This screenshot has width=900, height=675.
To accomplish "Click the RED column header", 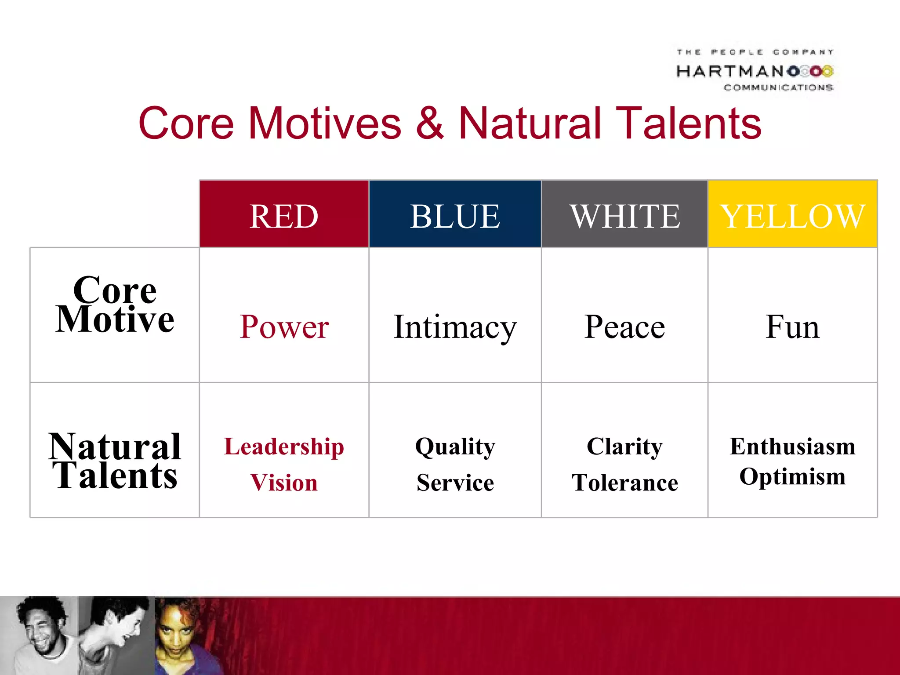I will pyautogui.click(x=284, y=216).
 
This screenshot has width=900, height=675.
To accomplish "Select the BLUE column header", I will pyautogui.click(x=455, y=216).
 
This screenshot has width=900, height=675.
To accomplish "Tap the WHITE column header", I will pyautogui.click(x=625, y=216).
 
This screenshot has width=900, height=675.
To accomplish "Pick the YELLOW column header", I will pyautogui.click(x=792, y=216).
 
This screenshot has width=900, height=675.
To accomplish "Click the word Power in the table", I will pyautogui.click(x=284, y=327).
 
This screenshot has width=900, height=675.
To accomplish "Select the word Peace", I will pyautogui.click(x=624, y=327).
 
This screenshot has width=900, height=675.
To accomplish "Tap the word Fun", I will pyautogui.click(x=792, y=327).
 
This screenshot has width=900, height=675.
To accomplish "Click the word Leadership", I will pyautogui.click(x=284, y=447).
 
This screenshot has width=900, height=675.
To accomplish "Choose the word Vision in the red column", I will pyautogui.click(x=284, y=483).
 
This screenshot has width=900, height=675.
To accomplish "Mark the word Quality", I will pyautogui.click(x=455, y=447).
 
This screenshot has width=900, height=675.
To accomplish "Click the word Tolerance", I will pyautogui.click(x=624, y=483).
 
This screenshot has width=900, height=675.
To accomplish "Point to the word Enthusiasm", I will pyautogui.click(x=792, y=446).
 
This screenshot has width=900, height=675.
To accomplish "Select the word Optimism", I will pyautogui.click(x=792, y=477).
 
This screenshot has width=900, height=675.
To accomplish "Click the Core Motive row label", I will pyautogui.click(x=115, y=305).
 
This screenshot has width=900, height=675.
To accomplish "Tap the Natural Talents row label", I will pyautogui.click(x=115, y=461).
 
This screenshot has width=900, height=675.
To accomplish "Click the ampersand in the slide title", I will pyautogui.click(x=429, y=123).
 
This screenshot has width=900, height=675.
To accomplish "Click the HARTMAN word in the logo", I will pyautogui.click(x=730, y=71).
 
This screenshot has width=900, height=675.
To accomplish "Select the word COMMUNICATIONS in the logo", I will pyautogui.click(x=778, y=87).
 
